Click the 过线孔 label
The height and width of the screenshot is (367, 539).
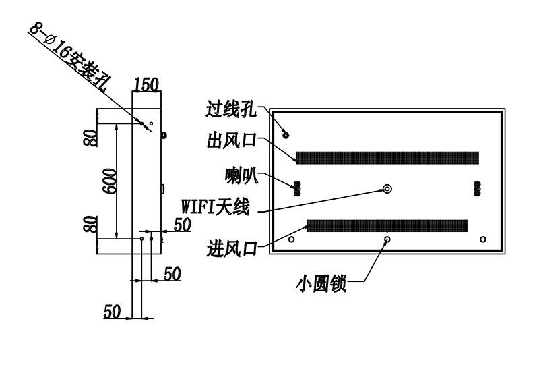[231, 109]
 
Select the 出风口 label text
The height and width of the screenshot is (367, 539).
[232, 140]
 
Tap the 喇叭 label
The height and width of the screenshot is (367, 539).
[242, 175]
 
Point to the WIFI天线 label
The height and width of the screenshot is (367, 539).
[215, 207]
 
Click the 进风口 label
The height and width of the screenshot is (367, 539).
[232, 248]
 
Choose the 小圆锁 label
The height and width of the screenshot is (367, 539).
[321, 284]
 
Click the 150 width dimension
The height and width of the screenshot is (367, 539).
[146, 84]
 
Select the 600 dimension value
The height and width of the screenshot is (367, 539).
[110, 181]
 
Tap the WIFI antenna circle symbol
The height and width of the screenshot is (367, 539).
[387, 189]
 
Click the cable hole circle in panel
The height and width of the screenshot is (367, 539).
[286, 135]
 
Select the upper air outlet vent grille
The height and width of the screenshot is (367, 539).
[387, 158]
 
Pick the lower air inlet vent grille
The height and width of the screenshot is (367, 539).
[387, 226]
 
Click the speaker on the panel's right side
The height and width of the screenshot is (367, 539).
[477, 189]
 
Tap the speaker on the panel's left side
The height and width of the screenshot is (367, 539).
[297, 189]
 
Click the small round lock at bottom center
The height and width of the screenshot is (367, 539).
[387, 239]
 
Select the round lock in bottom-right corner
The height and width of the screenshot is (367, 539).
[483, 239]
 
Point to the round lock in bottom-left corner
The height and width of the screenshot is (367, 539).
[292, 239]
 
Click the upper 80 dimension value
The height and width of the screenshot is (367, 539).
[92, 138]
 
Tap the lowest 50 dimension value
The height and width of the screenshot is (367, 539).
[112, 312]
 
